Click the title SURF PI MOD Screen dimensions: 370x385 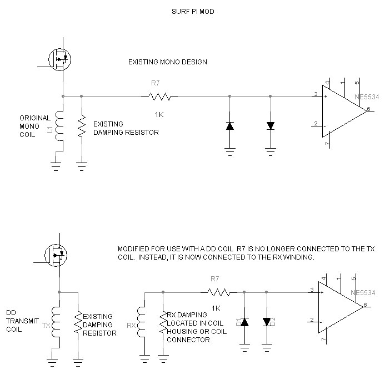tap(192, 11)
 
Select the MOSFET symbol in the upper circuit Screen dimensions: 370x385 tap(59, 57)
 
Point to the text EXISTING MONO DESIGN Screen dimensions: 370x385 tap(167, 62)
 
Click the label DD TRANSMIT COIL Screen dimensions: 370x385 tap(19, 321)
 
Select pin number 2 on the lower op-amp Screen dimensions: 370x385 tap(313, 320)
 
